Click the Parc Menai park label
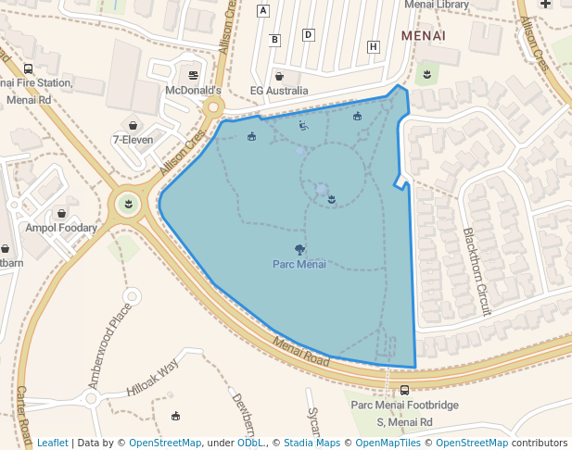click(x=299, y=264)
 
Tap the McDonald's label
click(x=193, y=91)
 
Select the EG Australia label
click(x=279, y=91)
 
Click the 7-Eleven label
click(x=133, y=140)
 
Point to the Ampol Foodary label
click(x=61, y=227)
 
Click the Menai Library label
click(x=437, y=5)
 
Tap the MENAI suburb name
click(x=424, y=35)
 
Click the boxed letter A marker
click(x=263, y=11)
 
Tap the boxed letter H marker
click(x=374, y=46)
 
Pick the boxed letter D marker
click(x=309, y=35)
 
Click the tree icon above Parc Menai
click(x=299, y=248)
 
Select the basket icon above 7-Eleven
click(x=133, y=125)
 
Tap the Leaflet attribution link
click(x=52, y=443)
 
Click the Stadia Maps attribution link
click(x=311, y=443)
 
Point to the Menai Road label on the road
click(x=301, y=351)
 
